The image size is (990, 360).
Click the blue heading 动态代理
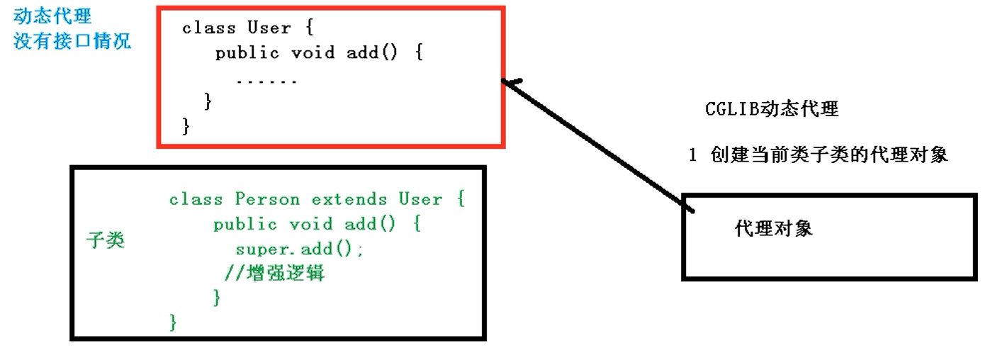[52, 16]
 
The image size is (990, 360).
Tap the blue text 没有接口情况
[72, 41]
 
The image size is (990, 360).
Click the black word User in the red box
[269, 28]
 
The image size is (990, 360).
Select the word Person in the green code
[267, 199]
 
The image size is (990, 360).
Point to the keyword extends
[349, 199]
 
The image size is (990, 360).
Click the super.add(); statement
[300, 249]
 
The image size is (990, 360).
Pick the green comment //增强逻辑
[274, 273]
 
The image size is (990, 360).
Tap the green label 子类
[106, 240]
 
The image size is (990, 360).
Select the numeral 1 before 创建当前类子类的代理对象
[692, 155]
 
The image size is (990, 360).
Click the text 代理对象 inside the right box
[773, 228]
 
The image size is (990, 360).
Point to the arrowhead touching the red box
[504, 81]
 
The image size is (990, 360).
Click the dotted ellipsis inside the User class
[266, 81]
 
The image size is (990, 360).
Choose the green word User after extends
[420, 199]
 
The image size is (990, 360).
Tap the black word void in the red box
[313, 53]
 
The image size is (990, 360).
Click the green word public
[245, 225]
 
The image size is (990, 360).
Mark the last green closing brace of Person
[173, 322]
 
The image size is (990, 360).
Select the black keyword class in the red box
[209, 28]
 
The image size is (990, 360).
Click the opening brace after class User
[310, 28]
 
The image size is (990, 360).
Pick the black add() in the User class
[371, 53]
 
